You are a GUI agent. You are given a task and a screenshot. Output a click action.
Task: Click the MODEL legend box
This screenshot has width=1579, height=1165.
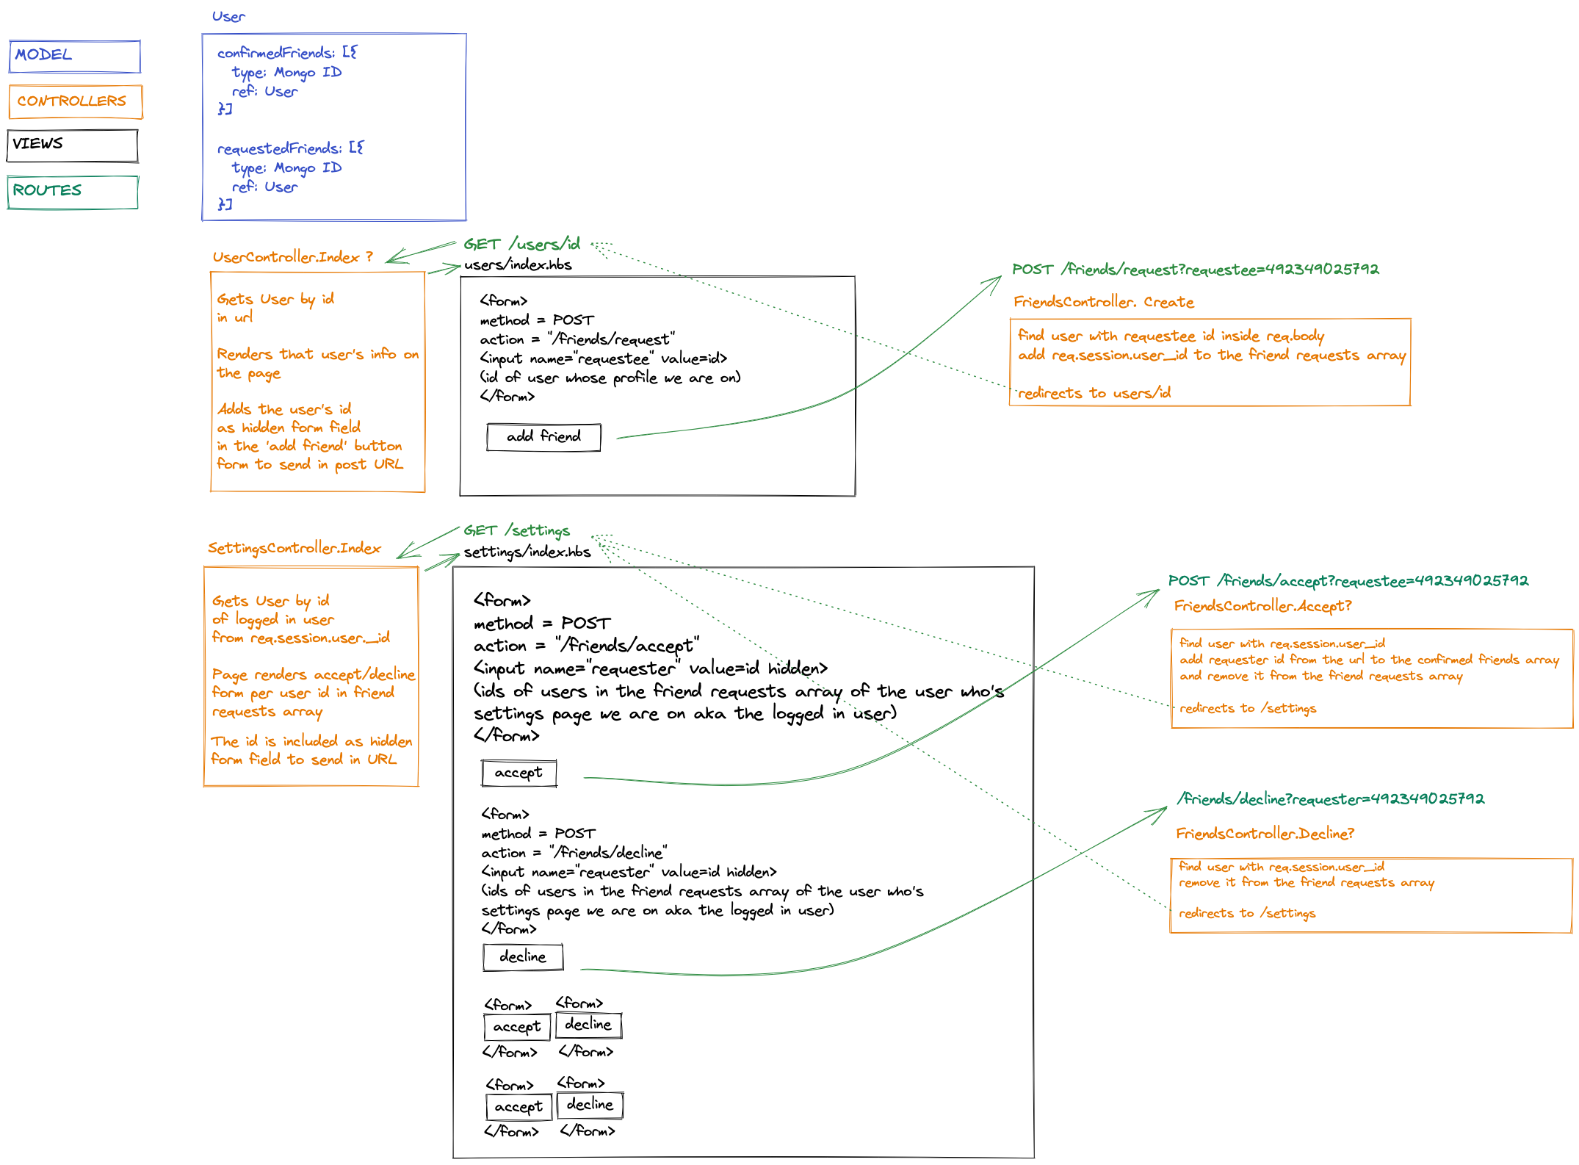74,57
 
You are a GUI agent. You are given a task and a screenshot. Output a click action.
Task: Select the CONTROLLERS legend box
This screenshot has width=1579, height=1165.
76,101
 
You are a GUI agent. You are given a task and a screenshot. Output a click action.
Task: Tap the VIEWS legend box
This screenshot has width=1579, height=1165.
72,145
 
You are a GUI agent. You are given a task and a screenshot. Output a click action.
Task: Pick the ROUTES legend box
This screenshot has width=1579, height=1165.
73,192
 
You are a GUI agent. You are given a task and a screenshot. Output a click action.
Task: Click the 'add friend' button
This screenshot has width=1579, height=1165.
543,437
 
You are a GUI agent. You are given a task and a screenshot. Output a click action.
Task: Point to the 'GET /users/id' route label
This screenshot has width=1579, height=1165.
521,244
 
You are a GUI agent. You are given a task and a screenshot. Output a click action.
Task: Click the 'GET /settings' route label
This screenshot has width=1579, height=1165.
516,530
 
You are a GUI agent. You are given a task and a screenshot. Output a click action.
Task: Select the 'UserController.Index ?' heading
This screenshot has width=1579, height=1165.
292,257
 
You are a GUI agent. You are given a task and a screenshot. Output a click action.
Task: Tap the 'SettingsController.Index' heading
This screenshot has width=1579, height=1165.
294,548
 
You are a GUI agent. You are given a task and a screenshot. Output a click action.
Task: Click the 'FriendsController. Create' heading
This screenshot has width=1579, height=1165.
1103,302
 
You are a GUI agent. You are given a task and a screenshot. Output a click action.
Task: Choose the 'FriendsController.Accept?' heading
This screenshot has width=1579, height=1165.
1262,606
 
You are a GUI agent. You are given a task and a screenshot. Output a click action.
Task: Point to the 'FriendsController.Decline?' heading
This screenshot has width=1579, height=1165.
1265,834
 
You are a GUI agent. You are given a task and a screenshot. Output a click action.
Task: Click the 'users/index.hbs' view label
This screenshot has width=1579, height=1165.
518,264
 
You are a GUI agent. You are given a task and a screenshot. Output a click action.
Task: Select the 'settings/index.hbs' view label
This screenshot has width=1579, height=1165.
527,552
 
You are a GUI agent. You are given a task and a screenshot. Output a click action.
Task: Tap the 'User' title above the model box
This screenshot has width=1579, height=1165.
228,16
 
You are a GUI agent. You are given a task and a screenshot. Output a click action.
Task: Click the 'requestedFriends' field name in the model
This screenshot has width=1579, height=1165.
279,148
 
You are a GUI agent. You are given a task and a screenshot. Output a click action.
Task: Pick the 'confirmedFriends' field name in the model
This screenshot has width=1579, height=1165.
275,53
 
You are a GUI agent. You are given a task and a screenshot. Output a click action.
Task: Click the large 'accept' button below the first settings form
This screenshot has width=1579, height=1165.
518,773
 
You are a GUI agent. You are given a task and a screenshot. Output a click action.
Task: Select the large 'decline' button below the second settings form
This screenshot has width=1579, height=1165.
523,957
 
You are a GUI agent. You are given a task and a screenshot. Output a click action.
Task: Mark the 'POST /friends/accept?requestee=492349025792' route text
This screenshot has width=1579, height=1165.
1348,581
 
